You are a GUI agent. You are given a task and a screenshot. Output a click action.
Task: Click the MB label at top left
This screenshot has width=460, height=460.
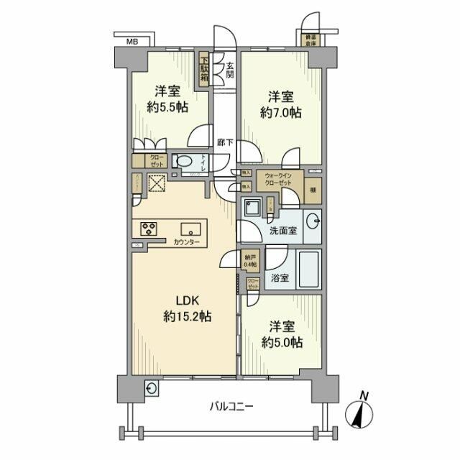[x=132, y=42]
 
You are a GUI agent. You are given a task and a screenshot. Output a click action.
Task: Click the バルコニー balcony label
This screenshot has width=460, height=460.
[x=232, y=406]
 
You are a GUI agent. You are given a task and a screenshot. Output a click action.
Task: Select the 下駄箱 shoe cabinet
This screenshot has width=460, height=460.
[x=204, y=70]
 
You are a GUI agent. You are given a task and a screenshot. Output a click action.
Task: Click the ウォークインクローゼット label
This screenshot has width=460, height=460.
[x=277, y=179]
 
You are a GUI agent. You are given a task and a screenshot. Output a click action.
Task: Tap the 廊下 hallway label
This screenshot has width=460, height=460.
[x=224, y=142]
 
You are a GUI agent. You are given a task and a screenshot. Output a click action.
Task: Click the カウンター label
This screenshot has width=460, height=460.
[x=186, y=243]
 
